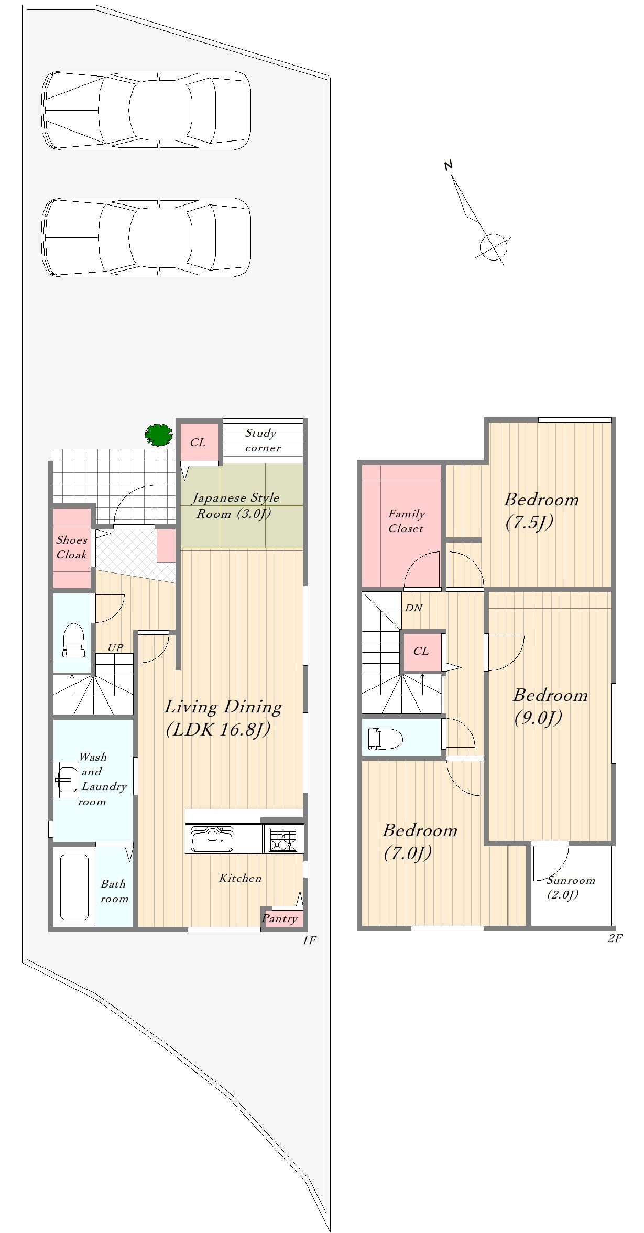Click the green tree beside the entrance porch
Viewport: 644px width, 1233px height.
159,435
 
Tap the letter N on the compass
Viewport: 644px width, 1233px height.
448,166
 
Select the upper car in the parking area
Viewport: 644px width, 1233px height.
146,111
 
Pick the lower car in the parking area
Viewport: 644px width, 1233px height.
146,237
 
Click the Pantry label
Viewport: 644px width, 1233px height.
280,918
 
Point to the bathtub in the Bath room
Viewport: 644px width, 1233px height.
74,887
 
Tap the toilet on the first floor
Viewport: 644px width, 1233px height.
73,640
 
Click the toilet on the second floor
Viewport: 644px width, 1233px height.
385,739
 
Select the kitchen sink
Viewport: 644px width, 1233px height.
212,839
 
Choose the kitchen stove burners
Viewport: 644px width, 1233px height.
283,839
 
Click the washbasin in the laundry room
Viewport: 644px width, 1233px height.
66,779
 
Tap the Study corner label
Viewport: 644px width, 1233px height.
262,440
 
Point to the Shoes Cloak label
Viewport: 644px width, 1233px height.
72,547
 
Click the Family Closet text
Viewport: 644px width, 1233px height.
406,521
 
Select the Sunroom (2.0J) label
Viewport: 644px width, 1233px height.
570,888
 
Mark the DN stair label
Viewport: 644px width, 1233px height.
413,608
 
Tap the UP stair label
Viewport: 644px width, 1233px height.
115,648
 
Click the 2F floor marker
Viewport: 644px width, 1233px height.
615,938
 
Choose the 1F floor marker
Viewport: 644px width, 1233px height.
309,940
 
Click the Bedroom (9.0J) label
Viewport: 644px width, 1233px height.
549,706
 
